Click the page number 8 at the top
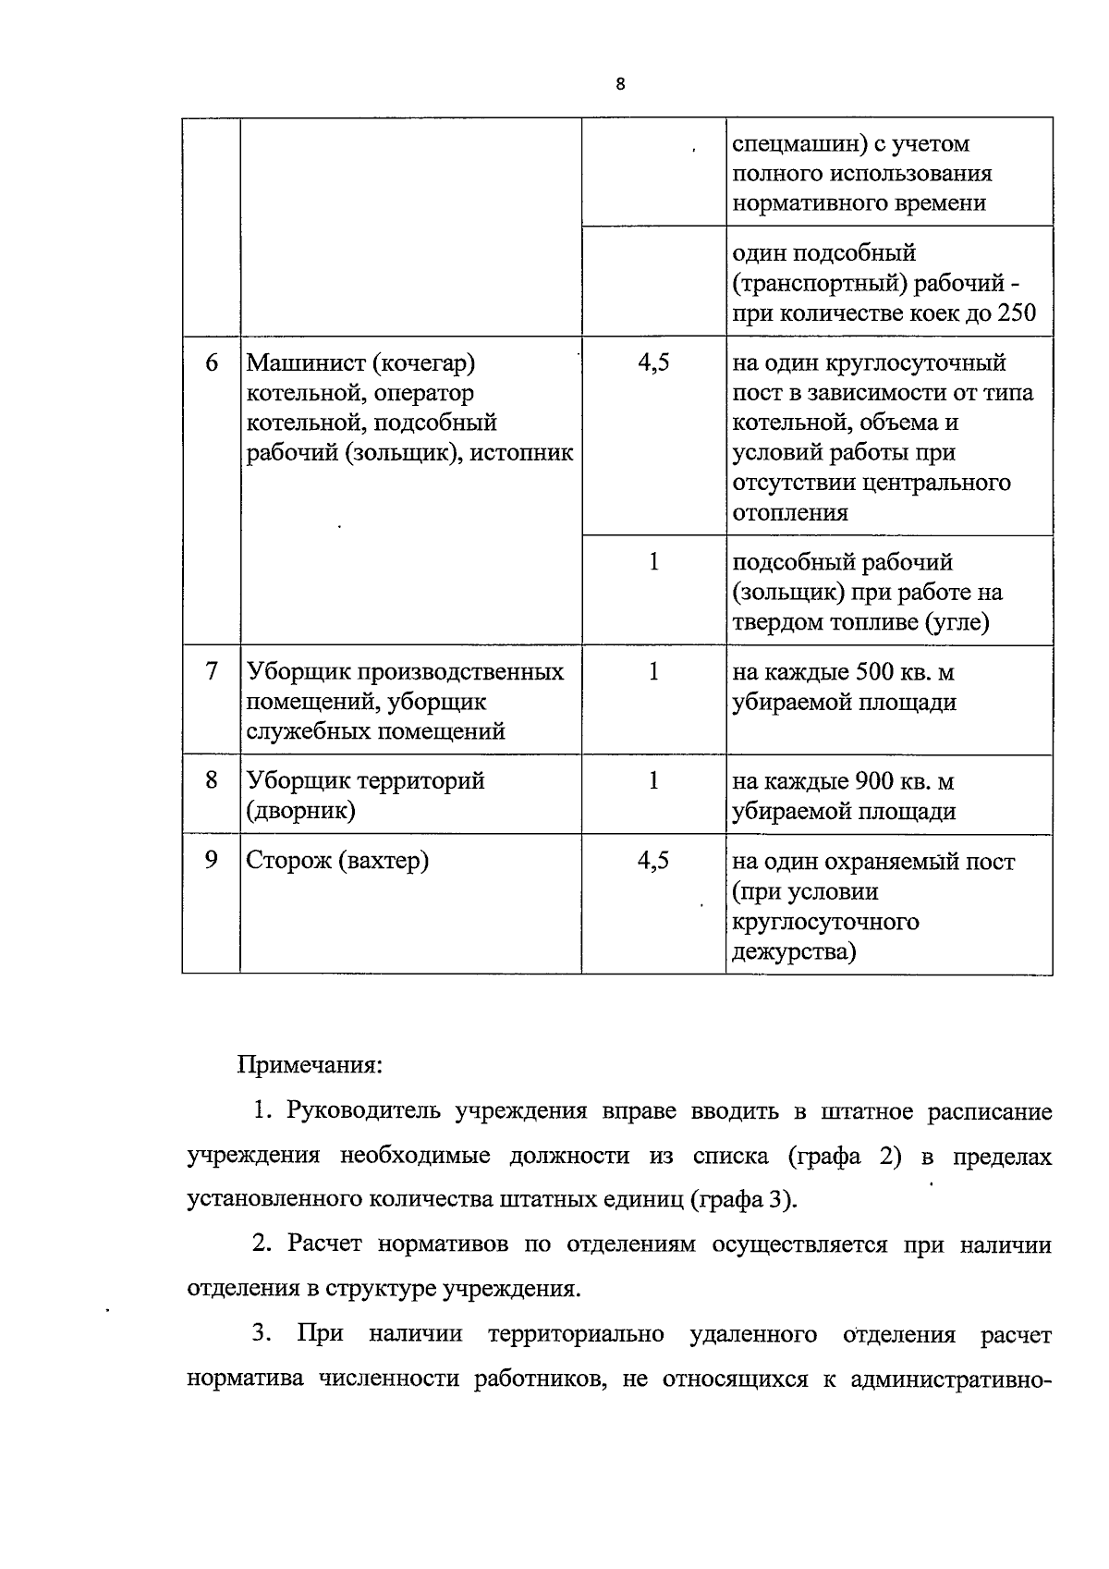point(619,84)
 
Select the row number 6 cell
point(212,362)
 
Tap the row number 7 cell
point(212,670)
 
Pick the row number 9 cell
point(212,860)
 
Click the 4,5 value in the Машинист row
point(653,362)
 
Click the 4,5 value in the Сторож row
point(653,860)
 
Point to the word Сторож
point(286,861)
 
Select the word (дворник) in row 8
point(300,811)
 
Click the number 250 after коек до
point(1017,313)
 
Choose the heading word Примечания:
point(311,1065)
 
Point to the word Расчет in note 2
point(324,1244)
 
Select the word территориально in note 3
point(576,1334)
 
